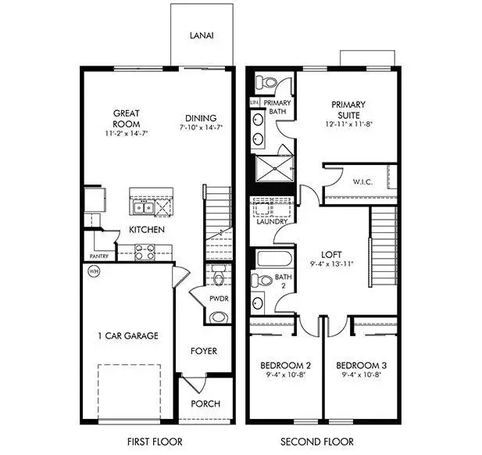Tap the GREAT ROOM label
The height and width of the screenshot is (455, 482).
coord(126,119)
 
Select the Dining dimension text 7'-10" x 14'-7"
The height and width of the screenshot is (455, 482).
coord(201,127)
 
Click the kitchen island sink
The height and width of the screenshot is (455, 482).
coord(142,208)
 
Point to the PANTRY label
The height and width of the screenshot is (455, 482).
coord(98,256)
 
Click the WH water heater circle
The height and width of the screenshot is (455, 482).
coord(94,272)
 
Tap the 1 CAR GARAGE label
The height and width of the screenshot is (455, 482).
coord(128,336)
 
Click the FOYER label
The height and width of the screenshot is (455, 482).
coord(204,352)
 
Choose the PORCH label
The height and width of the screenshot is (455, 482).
coord(205,404)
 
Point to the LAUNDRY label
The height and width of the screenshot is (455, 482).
coord(271,222)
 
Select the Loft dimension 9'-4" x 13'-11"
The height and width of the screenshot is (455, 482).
coord(332,264)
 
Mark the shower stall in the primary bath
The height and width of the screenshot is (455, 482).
coord(273,167)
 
